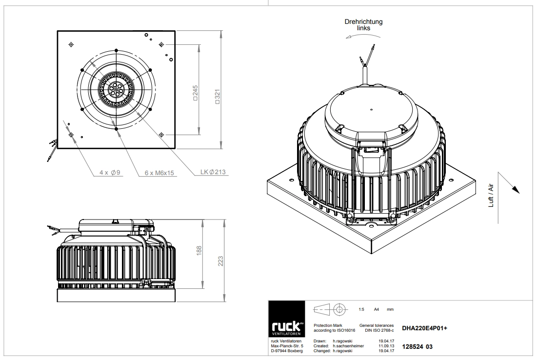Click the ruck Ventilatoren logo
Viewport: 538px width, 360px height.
[x=286, y=319]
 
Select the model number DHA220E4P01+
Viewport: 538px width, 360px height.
[x=424, y=328]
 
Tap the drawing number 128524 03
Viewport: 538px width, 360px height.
[x=417, y=347]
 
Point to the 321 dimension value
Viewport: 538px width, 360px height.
[x=217, y=97]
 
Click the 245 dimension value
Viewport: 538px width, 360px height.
[x=195, y=93]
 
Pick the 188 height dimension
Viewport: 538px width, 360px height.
[x=199, y=251]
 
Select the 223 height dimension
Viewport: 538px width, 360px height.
[x=220, y=261]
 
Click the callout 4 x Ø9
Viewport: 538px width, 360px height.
[x=110, y=173]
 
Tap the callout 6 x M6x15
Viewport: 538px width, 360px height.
[x=159, y=173]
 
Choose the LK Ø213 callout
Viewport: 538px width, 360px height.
[x=213, y=172]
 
